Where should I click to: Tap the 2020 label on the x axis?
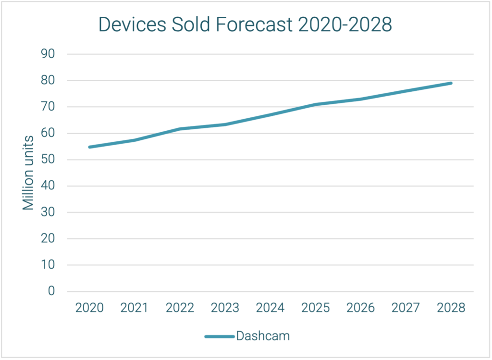[89, 308]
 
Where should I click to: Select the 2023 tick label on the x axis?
[225, 308]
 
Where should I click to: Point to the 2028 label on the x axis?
[451, 308]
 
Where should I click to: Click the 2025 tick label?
[315, 308]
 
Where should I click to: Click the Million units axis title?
[29, 173]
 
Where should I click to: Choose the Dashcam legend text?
[263, 336]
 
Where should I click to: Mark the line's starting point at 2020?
[89, 147]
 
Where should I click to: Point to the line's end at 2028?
[451, 83]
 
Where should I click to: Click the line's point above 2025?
[315, 104]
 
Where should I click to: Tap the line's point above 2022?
[180, 129]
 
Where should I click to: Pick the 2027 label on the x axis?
[406, 308]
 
